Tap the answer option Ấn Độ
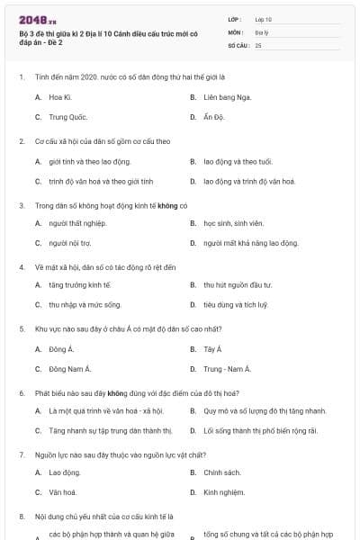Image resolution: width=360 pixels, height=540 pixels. pos(213,117)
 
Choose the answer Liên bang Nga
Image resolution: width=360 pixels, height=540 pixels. pos(227,95)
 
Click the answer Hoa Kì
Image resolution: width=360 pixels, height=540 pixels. pos(59,95)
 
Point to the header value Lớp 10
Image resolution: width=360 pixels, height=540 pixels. pos(264,19)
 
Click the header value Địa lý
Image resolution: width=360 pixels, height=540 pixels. pos(261,31)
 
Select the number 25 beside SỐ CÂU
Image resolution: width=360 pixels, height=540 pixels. pos(258,44)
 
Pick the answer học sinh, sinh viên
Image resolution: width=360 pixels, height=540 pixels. pos(233,222)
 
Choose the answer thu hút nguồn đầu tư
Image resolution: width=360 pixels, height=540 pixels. pos(237,285)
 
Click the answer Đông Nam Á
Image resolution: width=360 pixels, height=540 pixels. pos(69,370)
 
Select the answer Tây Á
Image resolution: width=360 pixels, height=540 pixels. pos(212,348)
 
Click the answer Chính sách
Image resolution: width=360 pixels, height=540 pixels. pos(222,472)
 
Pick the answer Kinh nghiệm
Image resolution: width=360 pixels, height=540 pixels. pos(224,493)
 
